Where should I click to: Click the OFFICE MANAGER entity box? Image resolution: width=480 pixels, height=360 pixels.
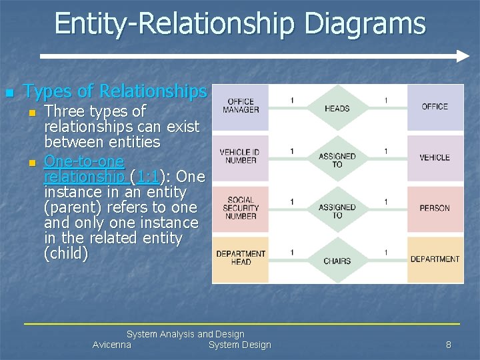click(x=241, y=107)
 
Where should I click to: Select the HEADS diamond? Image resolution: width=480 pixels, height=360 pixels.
click(x=337, y=108)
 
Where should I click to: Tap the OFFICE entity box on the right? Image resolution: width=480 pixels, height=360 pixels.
click(x=435, y=107)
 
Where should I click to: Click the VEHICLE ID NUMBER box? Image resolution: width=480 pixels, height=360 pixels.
click(x=241, y=157)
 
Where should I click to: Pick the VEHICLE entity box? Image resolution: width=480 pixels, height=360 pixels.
click(x=435, y=158)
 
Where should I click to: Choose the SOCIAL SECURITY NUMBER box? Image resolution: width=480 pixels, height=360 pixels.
click(x=241, y=208)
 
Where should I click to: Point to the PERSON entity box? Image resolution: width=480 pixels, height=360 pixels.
click(x=435, y=209)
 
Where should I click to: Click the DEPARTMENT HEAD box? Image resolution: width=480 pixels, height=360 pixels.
click(x=241, y=258)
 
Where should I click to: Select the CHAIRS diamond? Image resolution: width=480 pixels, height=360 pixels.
click(x=337, y=261)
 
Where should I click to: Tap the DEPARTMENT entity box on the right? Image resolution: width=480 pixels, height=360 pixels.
click(x=435, y=259)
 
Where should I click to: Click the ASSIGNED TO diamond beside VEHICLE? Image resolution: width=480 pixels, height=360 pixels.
click(x=337, y=160)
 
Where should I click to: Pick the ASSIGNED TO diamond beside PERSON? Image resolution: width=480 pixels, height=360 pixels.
click(x=337, y=211)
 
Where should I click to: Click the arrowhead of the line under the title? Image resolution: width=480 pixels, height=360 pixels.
click(x=463, y=56)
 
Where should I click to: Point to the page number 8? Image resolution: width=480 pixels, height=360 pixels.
click(x=449, y=345)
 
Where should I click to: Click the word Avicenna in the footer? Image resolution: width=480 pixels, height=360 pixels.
click(x=112, y=345)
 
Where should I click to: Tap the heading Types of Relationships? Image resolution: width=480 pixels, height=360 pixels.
click(x=115, y=91)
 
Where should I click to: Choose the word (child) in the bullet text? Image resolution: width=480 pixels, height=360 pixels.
click(x=65, y=254)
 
